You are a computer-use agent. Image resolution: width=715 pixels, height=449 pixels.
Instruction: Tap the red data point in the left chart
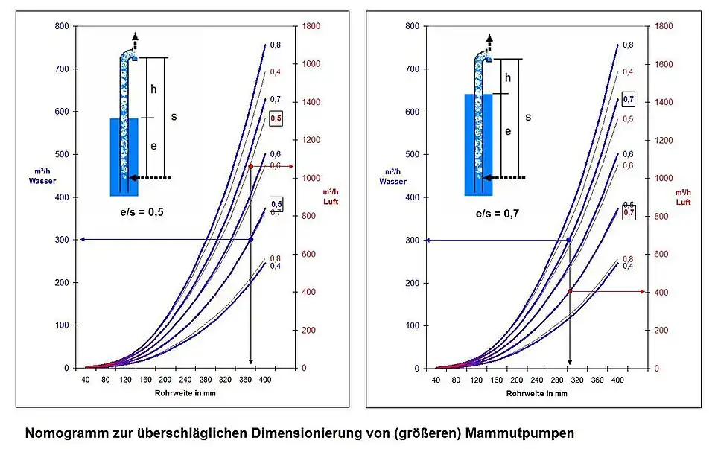(251, 166)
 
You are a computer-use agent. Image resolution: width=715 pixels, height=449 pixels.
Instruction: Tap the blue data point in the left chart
(251, 239)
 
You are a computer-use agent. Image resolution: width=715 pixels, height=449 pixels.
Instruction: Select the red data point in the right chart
(570, 291)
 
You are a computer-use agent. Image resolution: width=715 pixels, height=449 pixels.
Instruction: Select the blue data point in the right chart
(570, 240)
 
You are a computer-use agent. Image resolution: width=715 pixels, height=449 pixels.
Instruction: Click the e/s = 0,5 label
(142, 212)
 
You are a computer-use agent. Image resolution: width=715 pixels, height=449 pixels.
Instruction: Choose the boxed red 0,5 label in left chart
(276, 118)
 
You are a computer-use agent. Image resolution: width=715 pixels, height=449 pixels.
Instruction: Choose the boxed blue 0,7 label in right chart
(629, 100)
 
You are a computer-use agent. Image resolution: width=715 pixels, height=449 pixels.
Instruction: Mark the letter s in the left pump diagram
(174, 117)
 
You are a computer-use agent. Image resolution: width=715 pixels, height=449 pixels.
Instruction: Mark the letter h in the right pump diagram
(508, 77)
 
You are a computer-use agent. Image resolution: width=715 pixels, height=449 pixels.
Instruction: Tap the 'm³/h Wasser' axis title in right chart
(393, 176)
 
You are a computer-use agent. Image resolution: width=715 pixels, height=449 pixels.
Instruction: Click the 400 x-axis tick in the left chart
(265, 380)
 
